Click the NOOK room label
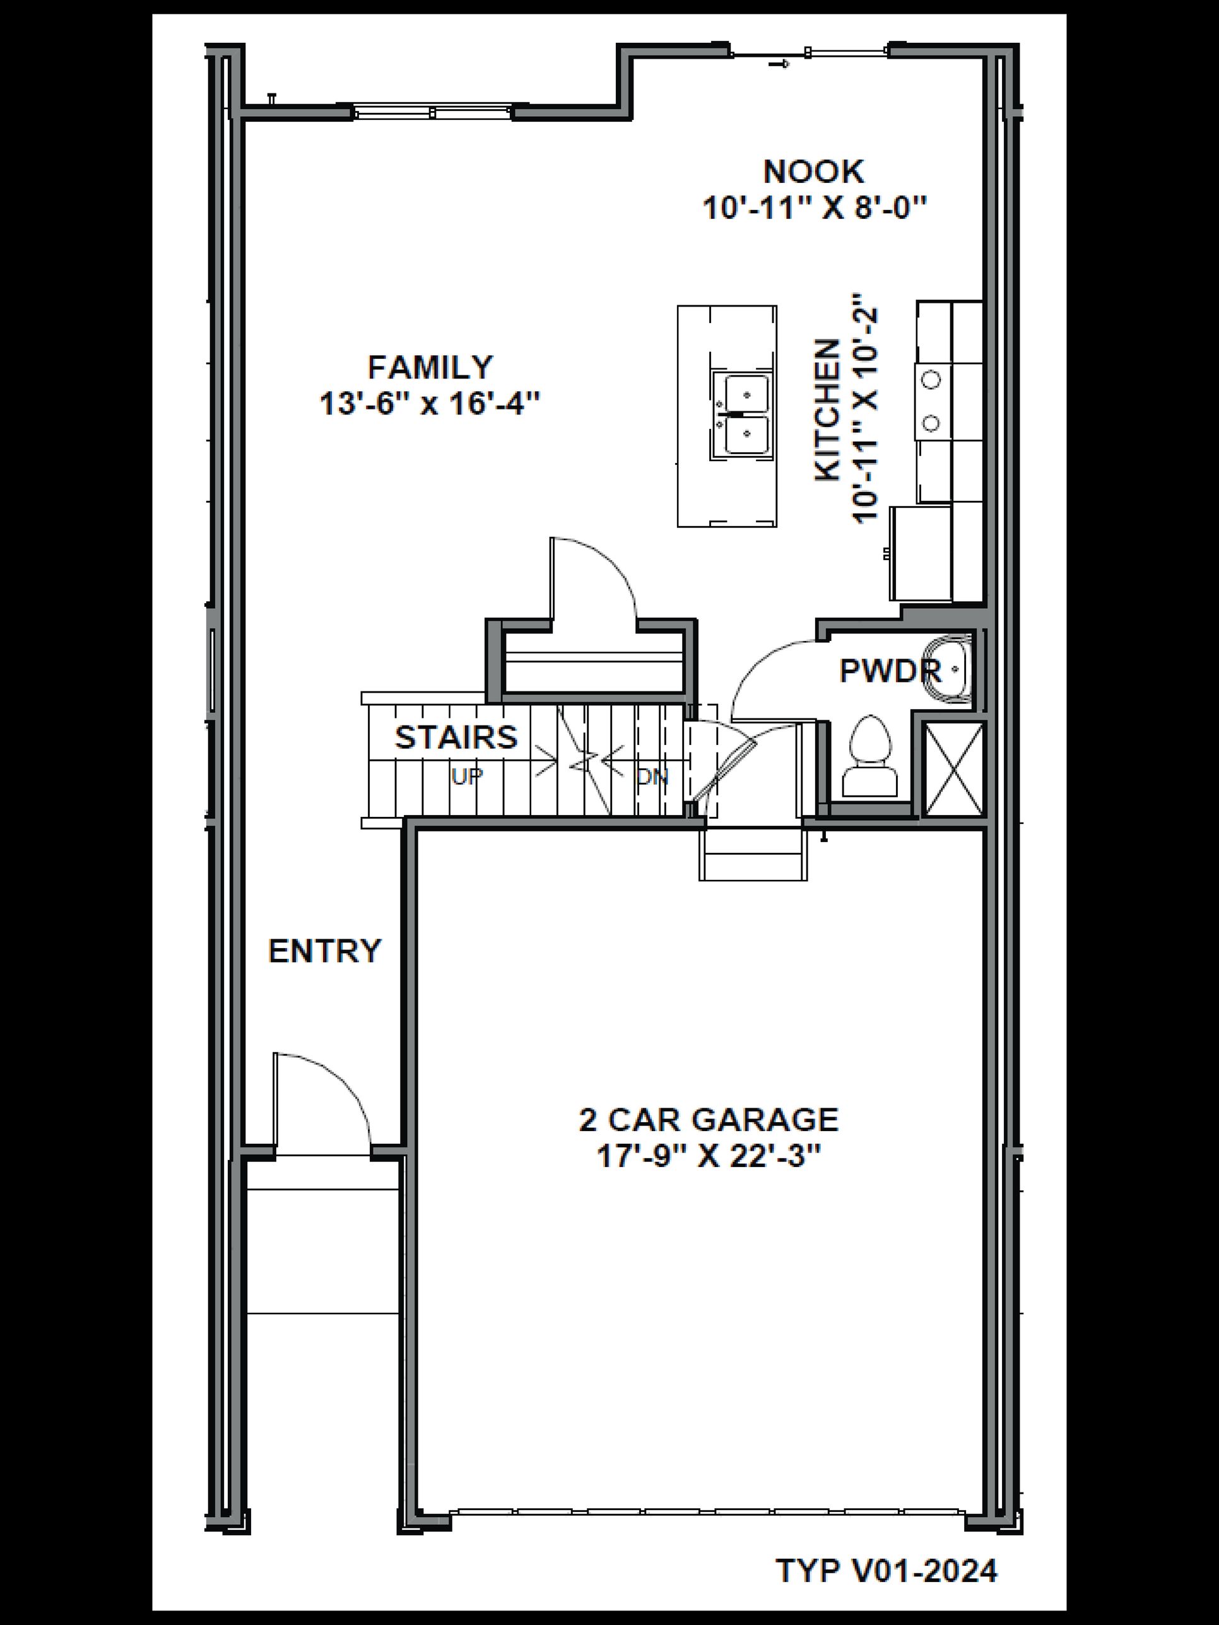[x=813, y=172]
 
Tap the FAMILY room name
[x=430, y=367]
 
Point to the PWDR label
[x=890, y=670]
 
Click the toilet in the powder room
[x=870, y=756]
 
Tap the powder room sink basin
[x=950, y=669]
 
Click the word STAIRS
[x=456, y=737]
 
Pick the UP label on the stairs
[x=466, y=777]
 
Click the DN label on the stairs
[x=652, y=777]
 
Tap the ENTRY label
[x=325, y=951]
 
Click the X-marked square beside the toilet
[x=953, y=769]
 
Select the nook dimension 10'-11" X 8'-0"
[x=814, y=209]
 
